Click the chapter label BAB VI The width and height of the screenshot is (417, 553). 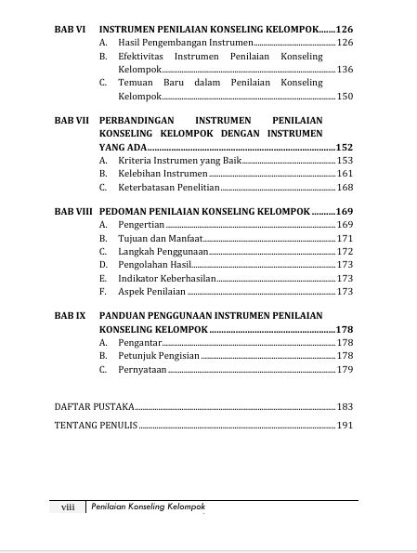pyautogui.click(x=70, y=30)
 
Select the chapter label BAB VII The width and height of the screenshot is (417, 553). pyautogui.click(x=72, y=122)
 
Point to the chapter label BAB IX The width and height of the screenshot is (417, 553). pyautogui.click(x=70, y=316)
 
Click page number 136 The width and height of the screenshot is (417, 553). pyautogui.click(x=345, y=70)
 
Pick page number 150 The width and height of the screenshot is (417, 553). pyautogui.click(x=345, y=96)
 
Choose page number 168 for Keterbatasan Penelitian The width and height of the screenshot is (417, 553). pyautogui.click(x=345, y=187)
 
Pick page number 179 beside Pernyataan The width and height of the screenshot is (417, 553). pyautogui.click(x=345, y=369)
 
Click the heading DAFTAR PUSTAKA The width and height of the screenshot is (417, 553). pyautogui.click(x=94, y=406)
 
